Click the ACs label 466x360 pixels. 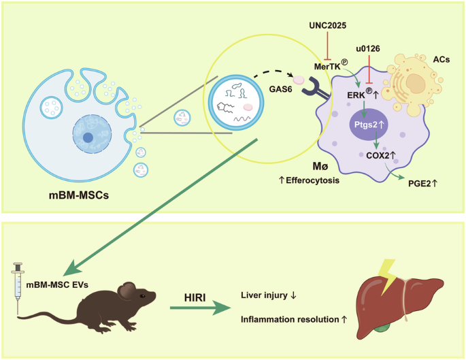[x=442, y=61]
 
